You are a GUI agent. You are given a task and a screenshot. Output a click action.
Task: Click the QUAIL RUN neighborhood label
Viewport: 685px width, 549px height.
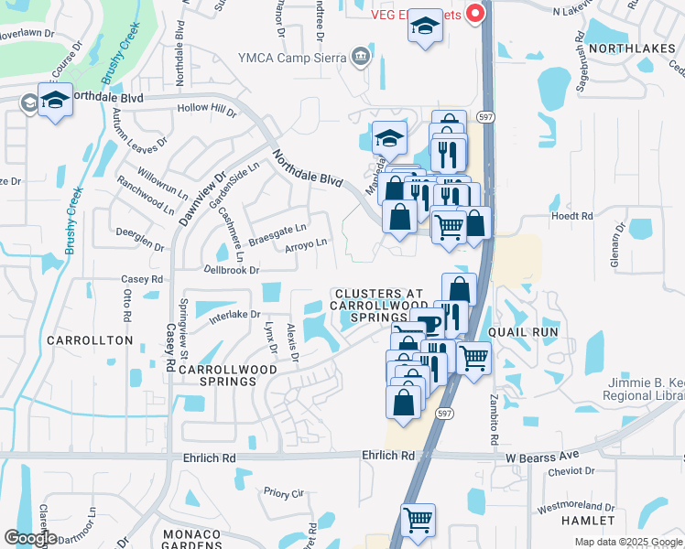[x=518, y=331]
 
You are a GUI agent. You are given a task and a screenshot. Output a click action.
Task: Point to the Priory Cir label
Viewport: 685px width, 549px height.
[x=283, y=492]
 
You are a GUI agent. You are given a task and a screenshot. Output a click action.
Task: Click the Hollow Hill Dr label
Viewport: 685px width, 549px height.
[x=207, y=110]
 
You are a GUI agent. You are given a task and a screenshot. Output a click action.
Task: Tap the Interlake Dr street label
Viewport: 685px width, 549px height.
[x=234, y=314]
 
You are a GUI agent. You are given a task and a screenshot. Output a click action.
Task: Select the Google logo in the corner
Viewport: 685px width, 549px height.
[x=31, y=538]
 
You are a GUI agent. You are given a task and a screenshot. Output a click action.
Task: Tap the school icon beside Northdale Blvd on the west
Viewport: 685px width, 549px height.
[x=55, y=100]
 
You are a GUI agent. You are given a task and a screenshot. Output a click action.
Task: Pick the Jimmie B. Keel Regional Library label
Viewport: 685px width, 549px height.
[x=641, y=389]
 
